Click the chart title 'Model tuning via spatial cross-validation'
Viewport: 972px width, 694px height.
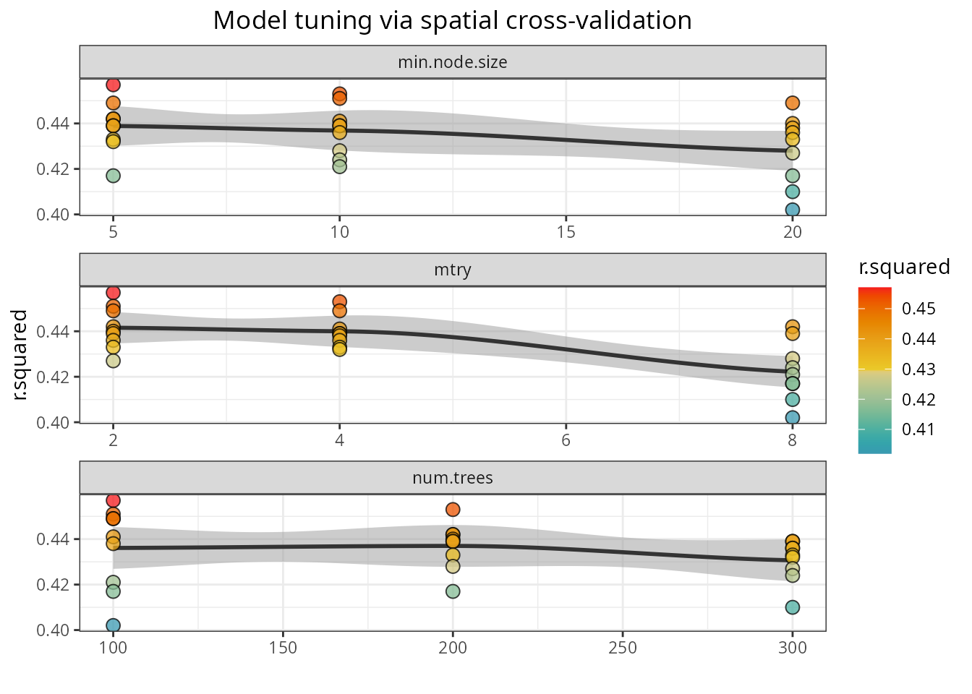(x=452, y=20)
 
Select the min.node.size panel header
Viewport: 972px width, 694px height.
(x=452, y=62)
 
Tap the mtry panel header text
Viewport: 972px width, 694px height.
(x=452, y=270)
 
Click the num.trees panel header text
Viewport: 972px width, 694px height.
(x=452, y=478)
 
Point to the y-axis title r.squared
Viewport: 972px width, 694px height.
(x=20, y=355)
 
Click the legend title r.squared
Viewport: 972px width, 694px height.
(x=904, y=267)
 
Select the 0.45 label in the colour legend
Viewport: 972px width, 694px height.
(x=918, y=309)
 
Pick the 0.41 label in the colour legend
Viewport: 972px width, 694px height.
(x=918, y=429)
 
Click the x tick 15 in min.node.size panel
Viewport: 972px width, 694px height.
(x=566, y=232)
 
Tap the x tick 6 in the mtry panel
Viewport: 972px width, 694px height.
(x=566, y=440)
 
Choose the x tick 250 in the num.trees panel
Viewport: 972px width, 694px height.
(x=623, y=648)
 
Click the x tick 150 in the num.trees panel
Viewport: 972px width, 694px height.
(x=283, y=648)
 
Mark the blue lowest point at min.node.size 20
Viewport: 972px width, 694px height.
(x=792, y=210)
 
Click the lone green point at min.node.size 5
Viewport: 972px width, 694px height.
(x=113, y=176)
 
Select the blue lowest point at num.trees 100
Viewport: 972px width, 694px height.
(x=113, y=625)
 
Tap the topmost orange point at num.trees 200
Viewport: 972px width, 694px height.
(x=453, y=510)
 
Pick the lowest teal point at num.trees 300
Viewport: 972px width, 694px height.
(x=792, y=607)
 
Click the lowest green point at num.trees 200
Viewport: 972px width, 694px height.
(x=453, y=591)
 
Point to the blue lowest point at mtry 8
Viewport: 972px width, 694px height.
(x=792, y=418)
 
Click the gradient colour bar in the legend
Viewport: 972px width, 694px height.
(x=874, y=370)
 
